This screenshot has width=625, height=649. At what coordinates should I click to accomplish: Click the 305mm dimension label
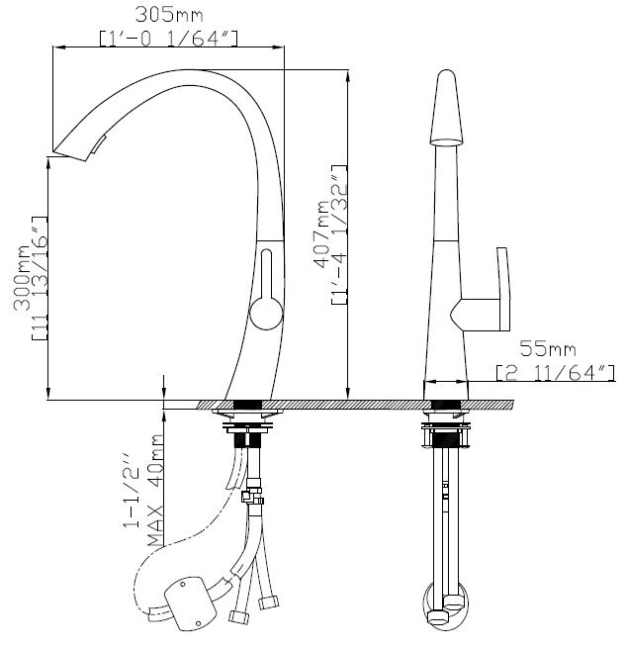(169, 15)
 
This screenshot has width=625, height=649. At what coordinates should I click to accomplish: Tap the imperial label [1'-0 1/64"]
(169, 38)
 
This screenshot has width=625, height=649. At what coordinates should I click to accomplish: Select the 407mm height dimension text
(321, 233)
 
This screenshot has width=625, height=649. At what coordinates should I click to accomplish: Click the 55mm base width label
(548, 348)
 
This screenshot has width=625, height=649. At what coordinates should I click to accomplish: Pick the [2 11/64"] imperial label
(556, 373)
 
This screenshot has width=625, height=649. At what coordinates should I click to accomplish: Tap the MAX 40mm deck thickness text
(155, 491)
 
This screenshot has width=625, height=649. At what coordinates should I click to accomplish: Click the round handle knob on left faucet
(267, 313)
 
